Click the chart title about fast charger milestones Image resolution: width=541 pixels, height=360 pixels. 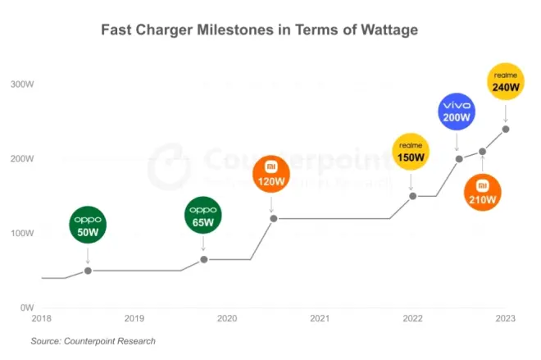point(260,30)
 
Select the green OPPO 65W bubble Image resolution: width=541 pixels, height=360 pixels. point(203,216)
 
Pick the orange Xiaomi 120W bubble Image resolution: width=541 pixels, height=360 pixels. point(271,175)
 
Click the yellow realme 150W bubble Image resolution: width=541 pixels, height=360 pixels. point(412,152)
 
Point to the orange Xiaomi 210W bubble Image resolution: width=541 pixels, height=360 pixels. point(482,194)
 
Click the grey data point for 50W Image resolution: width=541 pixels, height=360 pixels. point(88,270)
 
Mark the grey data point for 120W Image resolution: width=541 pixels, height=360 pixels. point(272,218)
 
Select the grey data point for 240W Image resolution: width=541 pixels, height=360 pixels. point(506,129)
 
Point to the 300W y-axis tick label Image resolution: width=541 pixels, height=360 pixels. point(21,84)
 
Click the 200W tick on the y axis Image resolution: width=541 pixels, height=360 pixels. point(21,158)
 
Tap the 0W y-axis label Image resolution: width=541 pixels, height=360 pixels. point(25,308)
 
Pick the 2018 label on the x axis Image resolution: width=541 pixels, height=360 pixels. point(41,318)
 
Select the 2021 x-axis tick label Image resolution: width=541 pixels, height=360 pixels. point(320,318)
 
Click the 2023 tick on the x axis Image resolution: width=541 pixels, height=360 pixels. point(506,318)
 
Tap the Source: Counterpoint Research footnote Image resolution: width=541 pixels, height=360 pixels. point(93,340)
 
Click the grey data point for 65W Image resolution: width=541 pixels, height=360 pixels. point(204,259)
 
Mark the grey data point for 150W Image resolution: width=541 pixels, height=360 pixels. point(412,196)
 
